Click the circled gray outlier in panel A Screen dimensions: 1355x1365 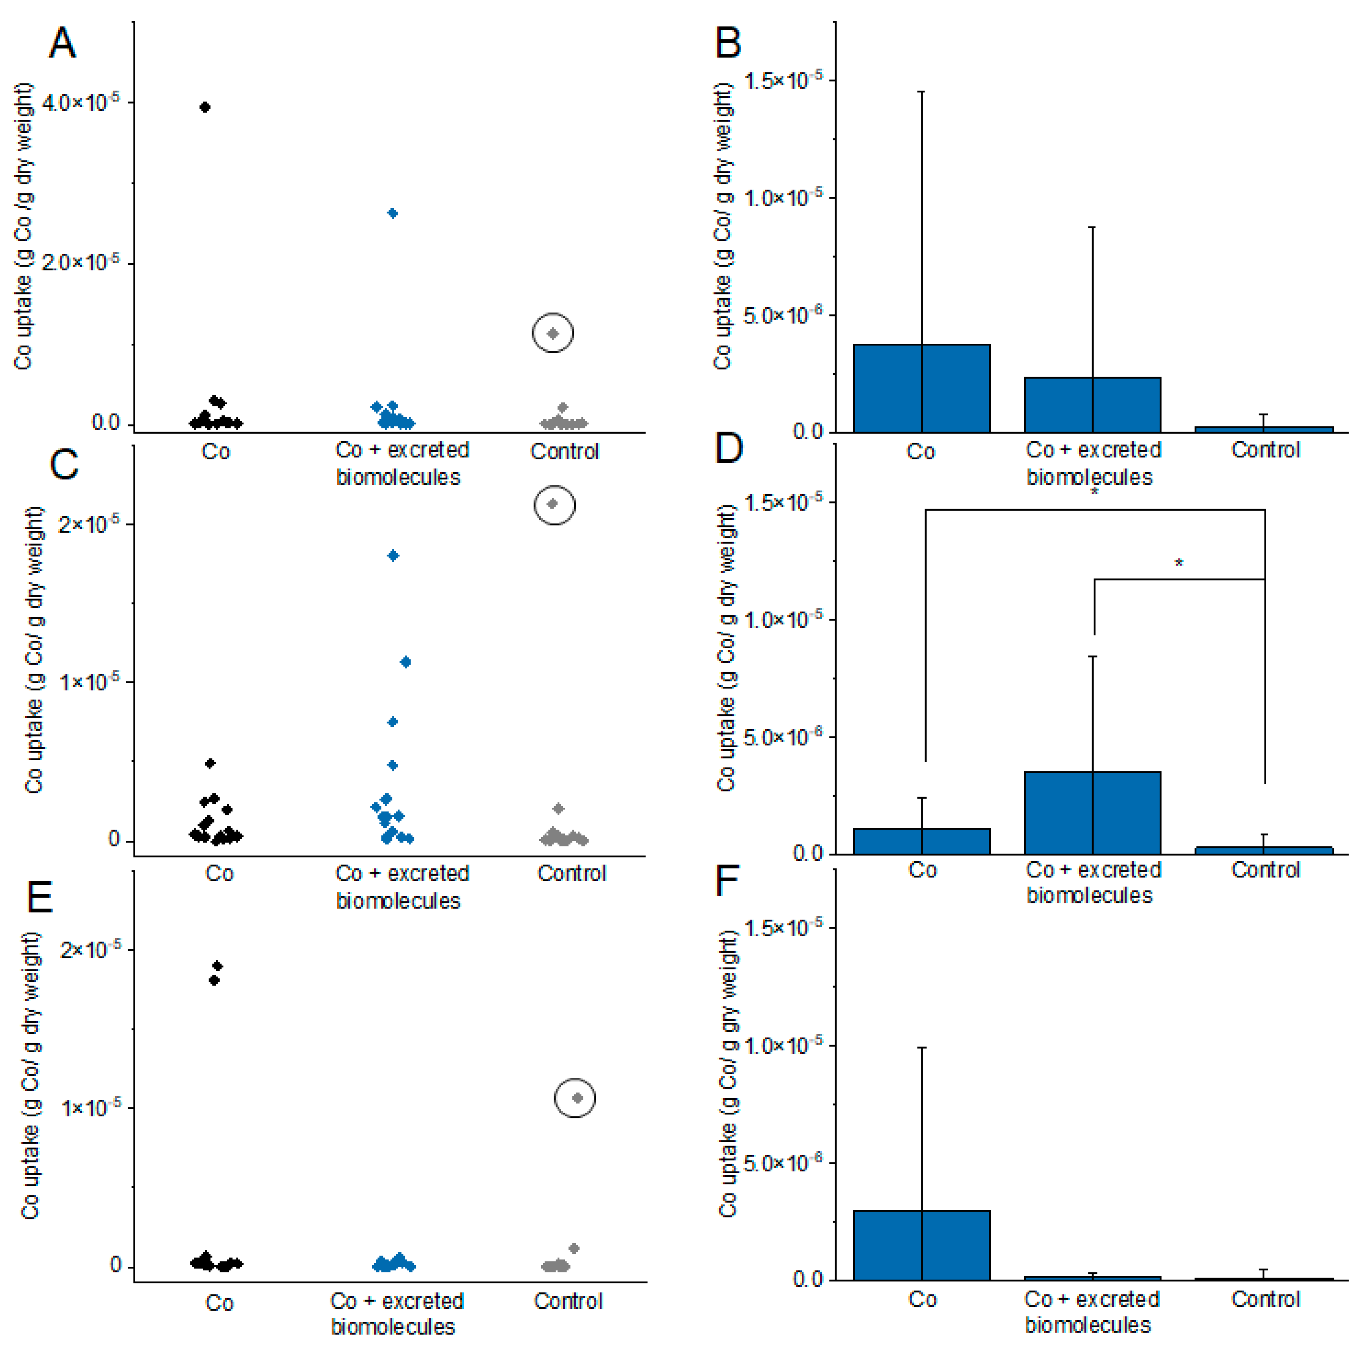pos(553,333)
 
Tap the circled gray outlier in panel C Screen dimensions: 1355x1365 pos(554,504)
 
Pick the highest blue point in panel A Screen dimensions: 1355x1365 pos(393,213)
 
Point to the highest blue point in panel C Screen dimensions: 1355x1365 pos(393,556)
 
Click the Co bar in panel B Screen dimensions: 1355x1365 pos(921,388)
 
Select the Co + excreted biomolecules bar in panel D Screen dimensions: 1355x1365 pos(1092,812)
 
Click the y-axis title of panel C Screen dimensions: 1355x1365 pos(33,649)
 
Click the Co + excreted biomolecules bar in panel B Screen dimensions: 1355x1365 pos(1092,405)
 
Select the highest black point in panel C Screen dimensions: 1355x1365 pos(210,763)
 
